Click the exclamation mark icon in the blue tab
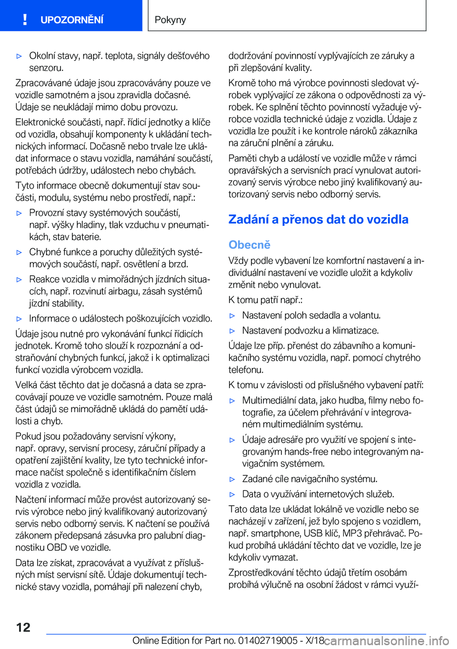[25, 20]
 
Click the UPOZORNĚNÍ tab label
[72, 20]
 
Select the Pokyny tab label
[170, 20]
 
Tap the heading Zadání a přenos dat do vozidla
[318, 219]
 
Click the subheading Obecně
[249, 245]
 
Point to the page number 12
[23, 627]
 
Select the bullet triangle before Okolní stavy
[20, 56]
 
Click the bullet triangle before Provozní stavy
[20, 213]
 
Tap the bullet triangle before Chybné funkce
[20, 252]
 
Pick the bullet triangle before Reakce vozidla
[20, 279]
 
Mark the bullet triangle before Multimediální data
[232, 401]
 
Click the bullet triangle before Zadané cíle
[232, 479]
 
